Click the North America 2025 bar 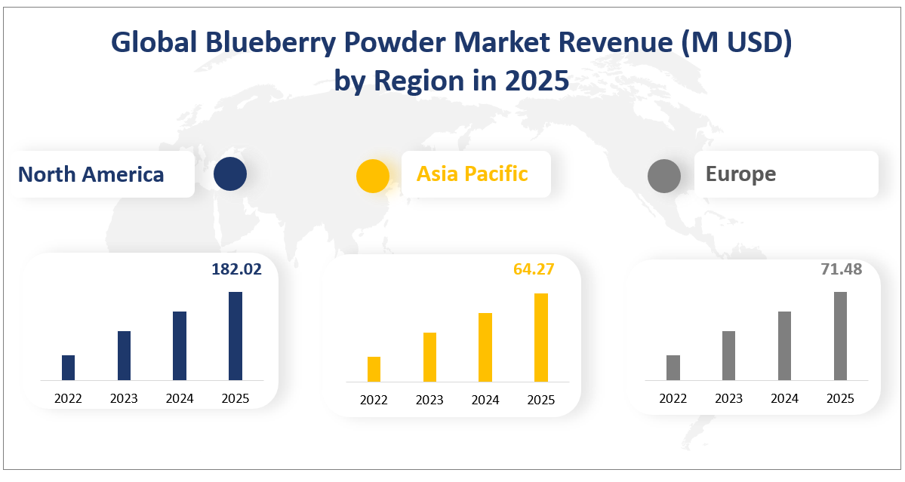click(235, 336)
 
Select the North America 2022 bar click(68, 367)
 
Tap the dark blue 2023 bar click(124, 355)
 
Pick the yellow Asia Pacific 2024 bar click(485, 347)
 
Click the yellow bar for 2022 click(374, 369)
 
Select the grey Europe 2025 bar click(840, 336)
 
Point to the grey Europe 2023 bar click(728, 355)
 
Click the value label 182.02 click(236, 269)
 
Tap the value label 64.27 click(534, 269)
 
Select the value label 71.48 click(841, 269)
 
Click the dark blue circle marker click(229, 174)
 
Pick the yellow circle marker click(373, 176)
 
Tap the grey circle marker click(664, 176)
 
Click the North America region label click(91, 174)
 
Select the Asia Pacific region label click(473, 173)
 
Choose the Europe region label click(740, 174)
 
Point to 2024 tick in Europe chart click(784, 398)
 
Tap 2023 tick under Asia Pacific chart click(429, 400)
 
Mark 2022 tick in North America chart click(68, 398)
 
